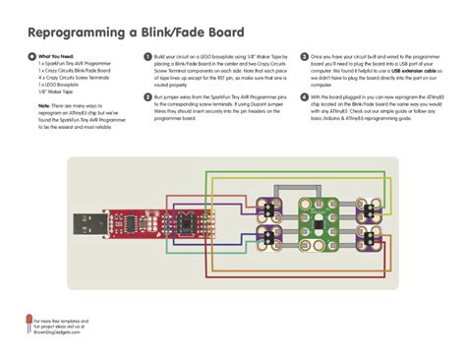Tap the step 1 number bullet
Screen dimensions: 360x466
coord(147,58)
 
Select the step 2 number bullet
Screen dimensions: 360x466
coord(147,98)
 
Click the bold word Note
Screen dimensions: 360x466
coord(45,104)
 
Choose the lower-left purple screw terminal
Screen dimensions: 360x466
coord(267,234)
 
